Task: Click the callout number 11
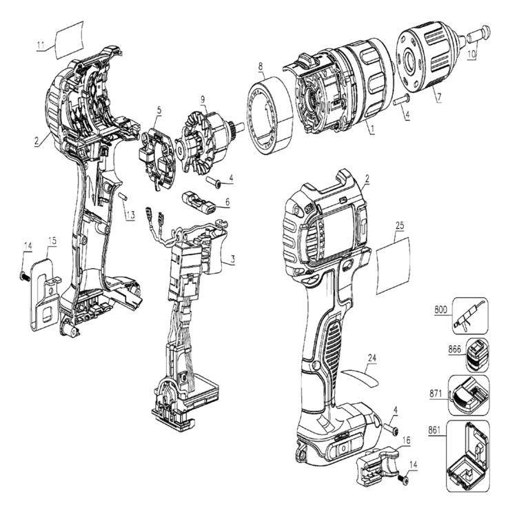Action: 41,45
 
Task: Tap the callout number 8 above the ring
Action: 261,67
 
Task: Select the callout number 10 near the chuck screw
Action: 471,52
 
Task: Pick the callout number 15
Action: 52,241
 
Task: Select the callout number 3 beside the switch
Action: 233,260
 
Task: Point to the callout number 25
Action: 400,225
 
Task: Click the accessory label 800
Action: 440,310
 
